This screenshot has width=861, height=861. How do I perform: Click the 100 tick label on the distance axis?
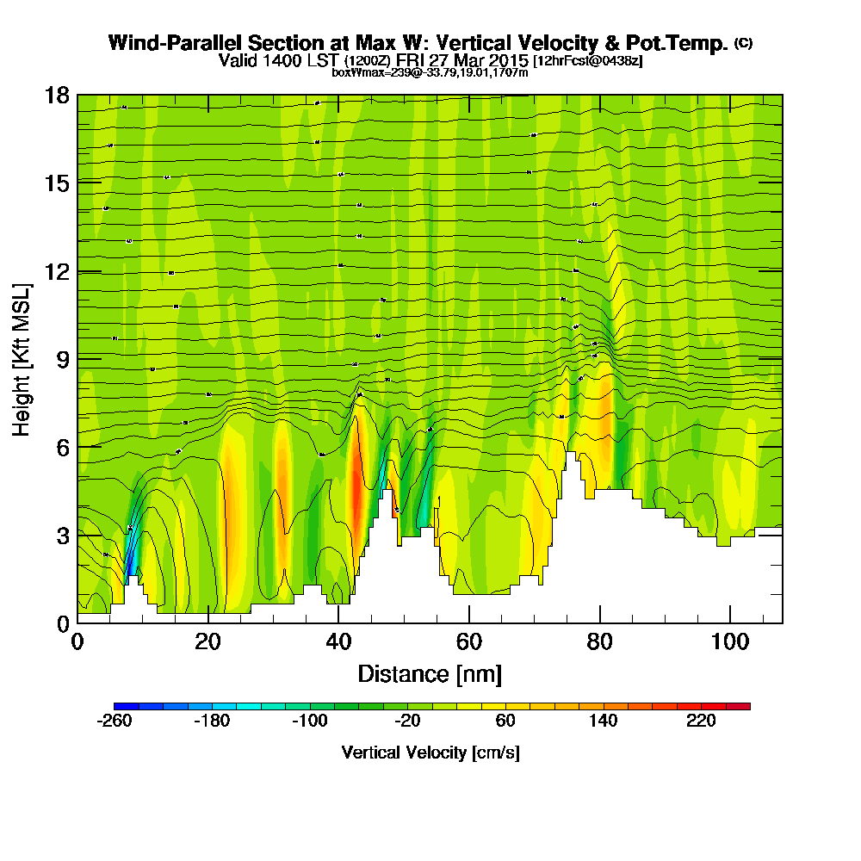729,641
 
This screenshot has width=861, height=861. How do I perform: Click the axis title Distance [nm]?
430,672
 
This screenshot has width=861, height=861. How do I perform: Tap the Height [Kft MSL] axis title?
22,358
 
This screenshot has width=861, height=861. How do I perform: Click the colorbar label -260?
115,722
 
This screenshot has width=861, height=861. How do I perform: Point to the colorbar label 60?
505,722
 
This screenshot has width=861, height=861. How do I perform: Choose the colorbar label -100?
310,722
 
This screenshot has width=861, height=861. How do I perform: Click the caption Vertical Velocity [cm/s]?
430,753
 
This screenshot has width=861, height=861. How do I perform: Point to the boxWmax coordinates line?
430,72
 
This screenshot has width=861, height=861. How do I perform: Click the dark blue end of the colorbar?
121,706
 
